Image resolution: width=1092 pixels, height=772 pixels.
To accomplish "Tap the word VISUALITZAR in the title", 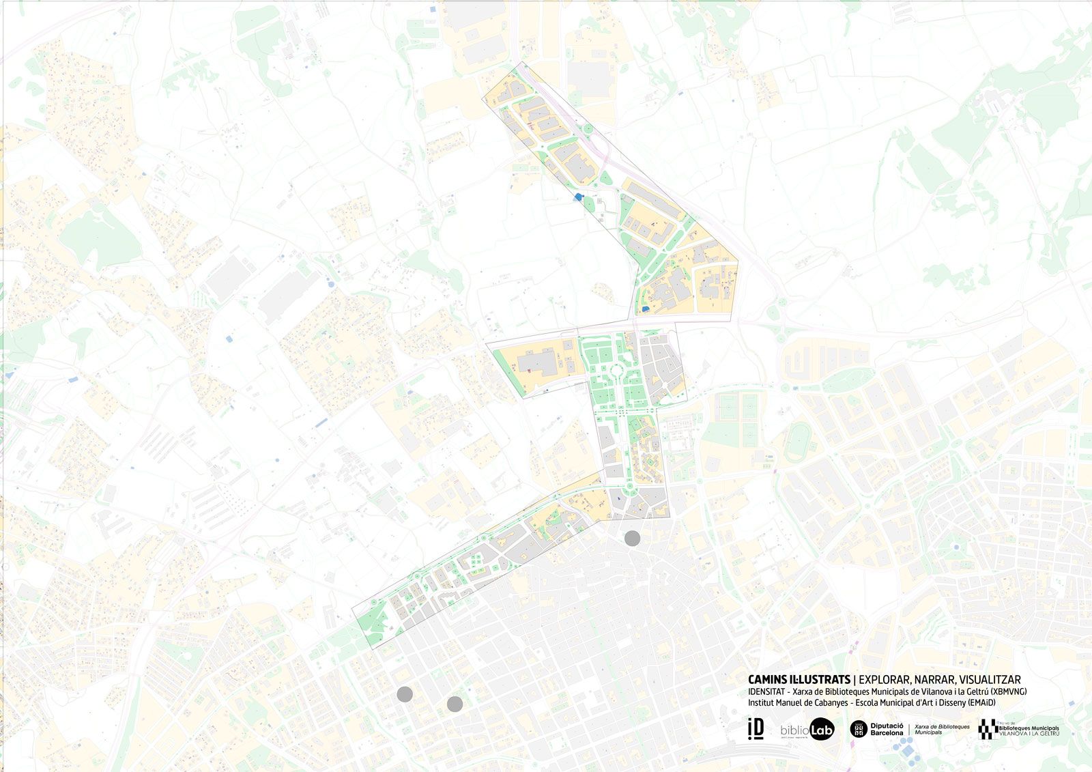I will [x=989, y=679].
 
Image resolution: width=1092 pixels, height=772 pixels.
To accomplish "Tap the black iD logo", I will [x=756, y=728].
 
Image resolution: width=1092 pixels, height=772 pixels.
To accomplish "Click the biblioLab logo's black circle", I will [x=822, y=730].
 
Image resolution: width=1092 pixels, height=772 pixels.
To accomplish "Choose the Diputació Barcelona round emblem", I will [x=859, y=729].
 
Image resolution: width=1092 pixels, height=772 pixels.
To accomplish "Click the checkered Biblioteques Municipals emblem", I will [x=986, y=729].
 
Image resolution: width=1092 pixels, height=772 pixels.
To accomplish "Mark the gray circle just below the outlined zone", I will [x=632, y=538].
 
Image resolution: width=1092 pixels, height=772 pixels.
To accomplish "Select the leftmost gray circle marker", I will [x=405, y=694].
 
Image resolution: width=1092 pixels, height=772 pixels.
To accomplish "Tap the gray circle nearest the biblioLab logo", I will [x=455, y=704].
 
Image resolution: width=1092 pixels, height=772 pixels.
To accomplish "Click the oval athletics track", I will [x=796, y=442].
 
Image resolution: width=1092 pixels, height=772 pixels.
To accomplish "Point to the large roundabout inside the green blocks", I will [x=617, y=372].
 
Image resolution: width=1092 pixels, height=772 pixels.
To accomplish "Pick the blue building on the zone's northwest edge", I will [x=578, y=197].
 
